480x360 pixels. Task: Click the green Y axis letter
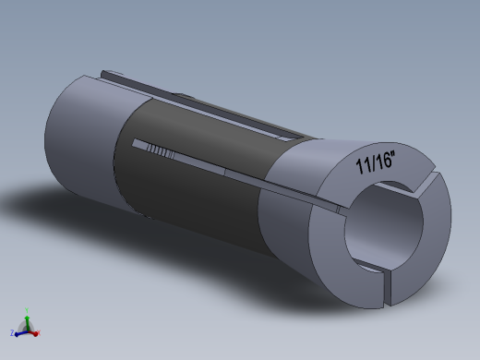tap(27, 312)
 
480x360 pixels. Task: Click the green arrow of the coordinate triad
tap(28, 319)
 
